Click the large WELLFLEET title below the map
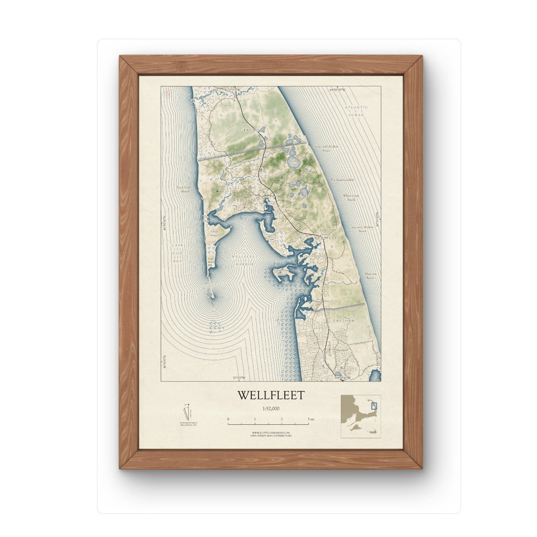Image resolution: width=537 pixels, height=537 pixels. tap(271, 395)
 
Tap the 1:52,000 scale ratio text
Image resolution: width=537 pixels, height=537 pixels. tap(271, 408)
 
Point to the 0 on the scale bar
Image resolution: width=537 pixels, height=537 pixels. tap(228, 419)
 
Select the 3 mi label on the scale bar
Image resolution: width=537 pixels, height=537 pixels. tap(311, 419)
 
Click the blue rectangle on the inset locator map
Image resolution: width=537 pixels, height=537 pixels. tap(374, 405)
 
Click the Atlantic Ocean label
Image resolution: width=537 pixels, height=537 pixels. tap(356, 111)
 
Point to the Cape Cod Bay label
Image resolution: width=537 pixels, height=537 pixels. tap(177, 253)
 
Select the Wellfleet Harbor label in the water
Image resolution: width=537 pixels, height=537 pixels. tap(245, 260)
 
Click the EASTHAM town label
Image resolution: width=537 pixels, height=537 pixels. tap(344, 320)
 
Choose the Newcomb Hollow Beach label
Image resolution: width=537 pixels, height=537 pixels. tap(326, 148)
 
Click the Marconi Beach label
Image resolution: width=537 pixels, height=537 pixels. tap(371, 275)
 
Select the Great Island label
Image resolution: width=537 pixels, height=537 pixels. tap(215, 233)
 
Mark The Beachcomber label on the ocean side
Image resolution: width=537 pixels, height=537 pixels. tap(342, 180)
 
